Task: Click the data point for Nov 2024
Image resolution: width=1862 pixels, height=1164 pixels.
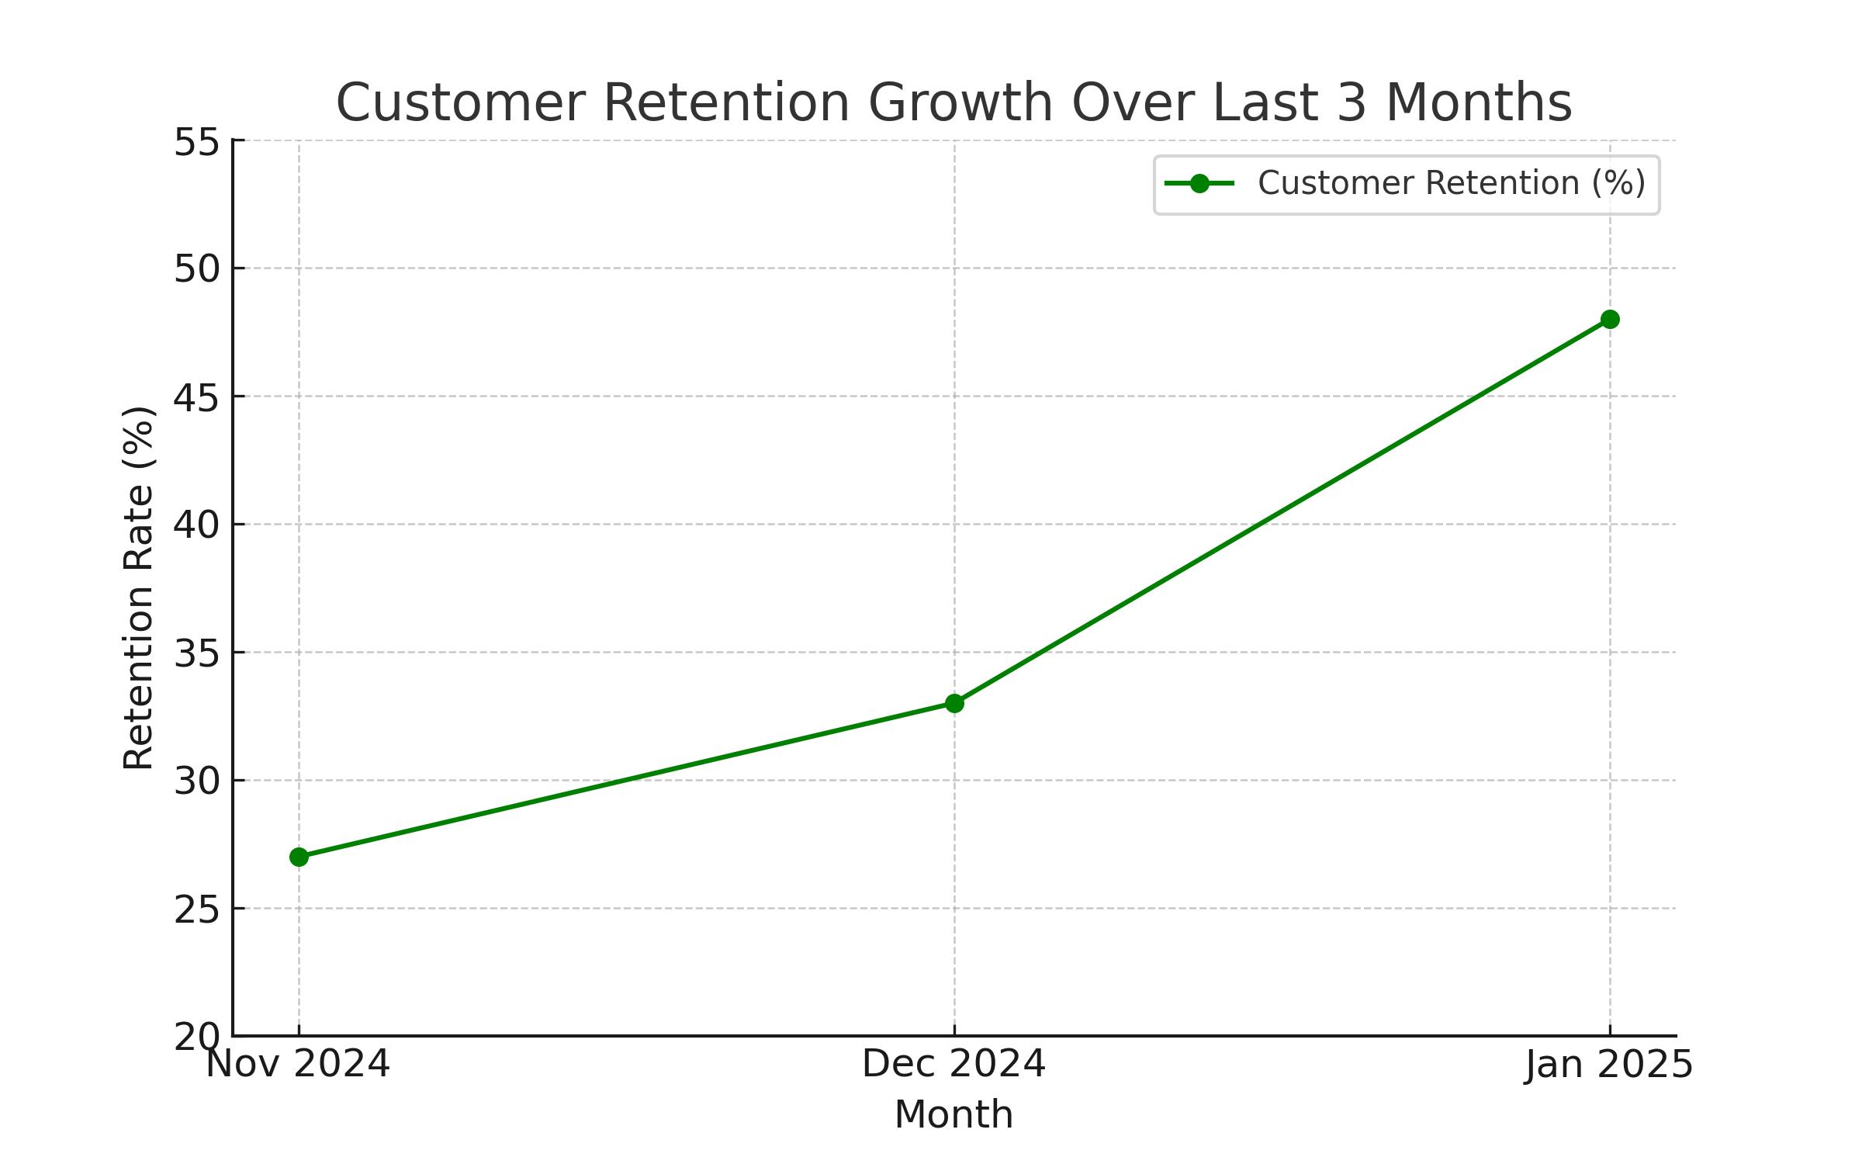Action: (x=299, y=857)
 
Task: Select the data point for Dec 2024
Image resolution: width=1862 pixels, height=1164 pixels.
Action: (x=954, y=703)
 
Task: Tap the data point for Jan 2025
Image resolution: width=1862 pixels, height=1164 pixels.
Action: (x=1610, y=319)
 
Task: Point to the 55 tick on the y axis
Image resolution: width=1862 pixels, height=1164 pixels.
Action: (x=197, y=143)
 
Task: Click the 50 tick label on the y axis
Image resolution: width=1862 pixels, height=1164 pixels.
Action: (x=197, y=270)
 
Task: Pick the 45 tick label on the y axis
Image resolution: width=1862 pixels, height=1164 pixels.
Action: (x=197, y=398)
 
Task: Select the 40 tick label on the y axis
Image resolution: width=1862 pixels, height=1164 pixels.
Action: (x=197, y=526)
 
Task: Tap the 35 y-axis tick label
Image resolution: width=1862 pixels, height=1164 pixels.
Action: (x=197, y=654)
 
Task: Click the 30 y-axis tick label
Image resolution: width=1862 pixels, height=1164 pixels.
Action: (x=197, y=782)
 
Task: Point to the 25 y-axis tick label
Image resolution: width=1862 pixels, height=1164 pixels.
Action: (x=197, y=910)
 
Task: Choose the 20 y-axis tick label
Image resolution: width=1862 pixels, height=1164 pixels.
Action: (x=197, y=1038)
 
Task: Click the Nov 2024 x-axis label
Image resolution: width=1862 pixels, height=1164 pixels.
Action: (x=298, y=1064)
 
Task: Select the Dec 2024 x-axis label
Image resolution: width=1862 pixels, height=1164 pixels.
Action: (x=954, y=1064)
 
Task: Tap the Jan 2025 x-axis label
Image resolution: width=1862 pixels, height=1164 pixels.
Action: (x=1609, y=1064)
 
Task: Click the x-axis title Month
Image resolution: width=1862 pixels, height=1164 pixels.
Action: (x=954, y=1115)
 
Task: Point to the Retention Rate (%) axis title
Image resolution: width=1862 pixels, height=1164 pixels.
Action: (x=140, y=587)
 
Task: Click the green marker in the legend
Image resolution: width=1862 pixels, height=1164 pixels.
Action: (x=1199, y=184)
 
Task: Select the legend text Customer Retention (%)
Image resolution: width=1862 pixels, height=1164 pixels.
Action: (x=1452, y=184)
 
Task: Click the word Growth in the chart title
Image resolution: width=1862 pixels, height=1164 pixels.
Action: (x=960, y=103)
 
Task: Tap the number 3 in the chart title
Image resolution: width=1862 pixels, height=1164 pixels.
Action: (x=1352, y=103)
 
